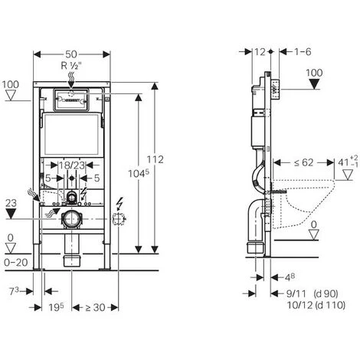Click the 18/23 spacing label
point(71,164)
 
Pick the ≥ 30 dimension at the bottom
point(92,308)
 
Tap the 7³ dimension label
point(25,292)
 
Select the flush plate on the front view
point(71,100)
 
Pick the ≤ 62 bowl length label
point(301,162)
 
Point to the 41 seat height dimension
point(345,162)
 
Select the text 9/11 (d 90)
point(305,293)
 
